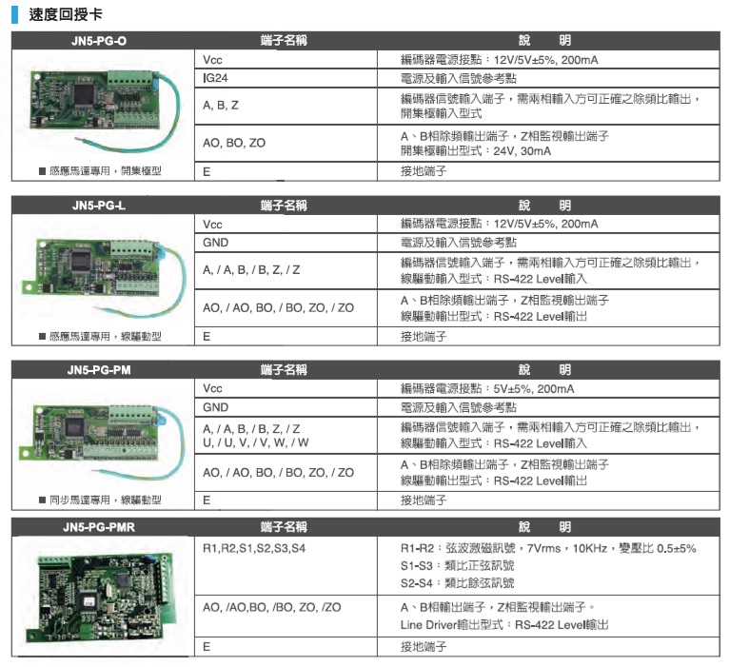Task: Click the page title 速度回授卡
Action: point(66,14)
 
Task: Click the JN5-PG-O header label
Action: point(99,41)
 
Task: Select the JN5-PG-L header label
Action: point(99,206)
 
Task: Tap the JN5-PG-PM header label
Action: point(99,370)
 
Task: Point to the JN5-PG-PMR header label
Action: point(99,527)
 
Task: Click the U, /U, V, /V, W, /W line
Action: point(256,442)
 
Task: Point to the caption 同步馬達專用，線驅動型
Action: point(101,500)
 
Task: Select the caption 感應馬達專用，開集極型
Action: point(101,171)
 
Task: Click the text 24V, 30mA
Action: point(522,151)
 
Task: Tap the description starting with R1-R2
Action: point(548,548)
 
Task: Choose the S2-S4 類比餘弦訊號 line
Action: point(457,583)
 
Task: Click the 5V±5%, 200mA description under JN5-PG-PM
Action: point(534,389)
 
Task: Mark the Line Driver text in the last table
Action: point(428,624)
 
